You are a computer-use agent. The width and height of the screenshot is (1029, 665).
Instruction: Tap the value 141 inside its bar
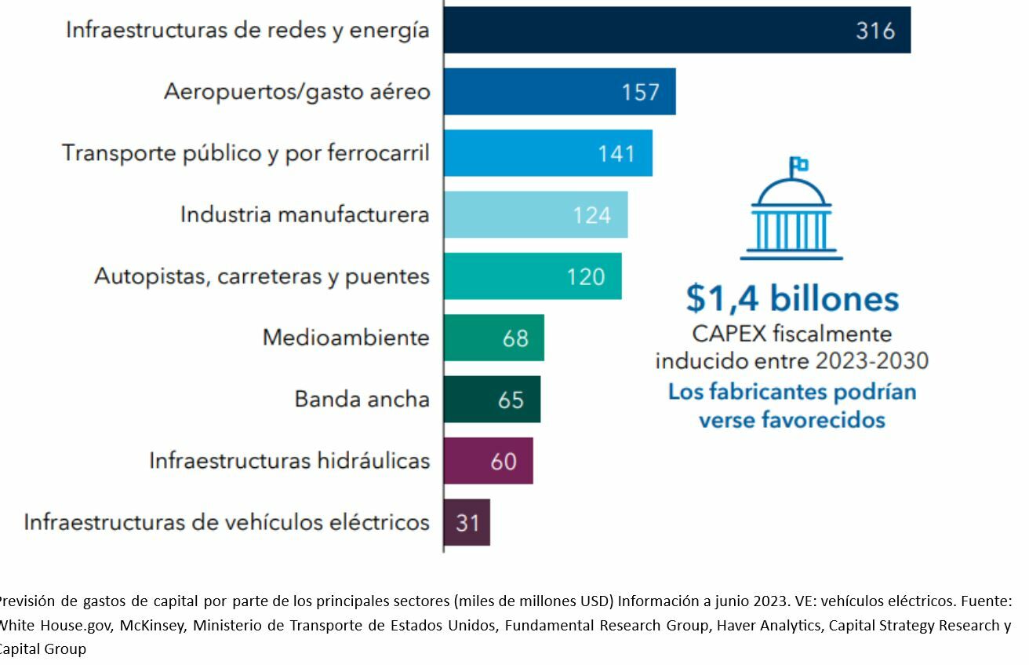[x=616, y=153]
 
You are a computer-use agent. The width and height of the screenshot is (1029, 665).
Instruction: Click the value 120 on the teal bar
[x=586, y=276]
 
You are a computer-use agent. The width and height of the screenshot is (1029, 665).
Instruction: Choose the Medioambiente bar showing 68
[x=493, y=338]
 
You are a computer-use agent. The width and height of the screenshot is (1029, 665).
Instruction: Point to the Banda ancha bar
[x=492, y=400]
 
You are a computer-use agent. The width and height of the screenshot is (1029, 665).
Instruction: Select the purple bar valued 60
[x=488, y=461]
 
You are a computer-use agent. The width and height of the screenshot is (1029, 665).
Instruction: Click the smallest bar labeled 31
[x=467, y=522]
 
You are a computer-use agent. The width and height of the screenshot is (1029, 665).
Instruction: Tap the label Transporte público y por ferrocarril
[x=245, y=153]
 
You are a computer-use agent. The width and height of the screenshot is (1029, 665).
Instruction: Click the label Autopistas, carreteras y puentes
[x=262, y=276]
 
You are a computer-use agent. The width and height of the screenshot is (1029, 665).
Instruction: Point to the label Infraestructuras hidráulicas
[x=289, y=461]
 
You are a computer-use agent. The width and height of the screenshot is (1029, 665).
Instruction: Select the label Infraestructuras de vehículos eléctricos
[x=227, y=522]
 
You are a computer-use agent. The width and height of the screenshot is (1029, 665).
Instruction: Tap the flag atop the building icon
[x=800, y=165]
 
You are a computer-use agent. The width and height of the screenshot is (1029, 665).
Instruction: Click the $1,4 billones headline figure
[x=792, y=299]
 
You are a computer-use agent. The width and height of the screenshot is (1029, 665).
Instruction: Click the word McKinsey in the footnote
[x=151, y=626]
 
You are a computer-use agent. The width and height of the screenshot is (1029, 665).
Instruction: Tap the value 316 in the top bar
[x=875, y=31]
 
